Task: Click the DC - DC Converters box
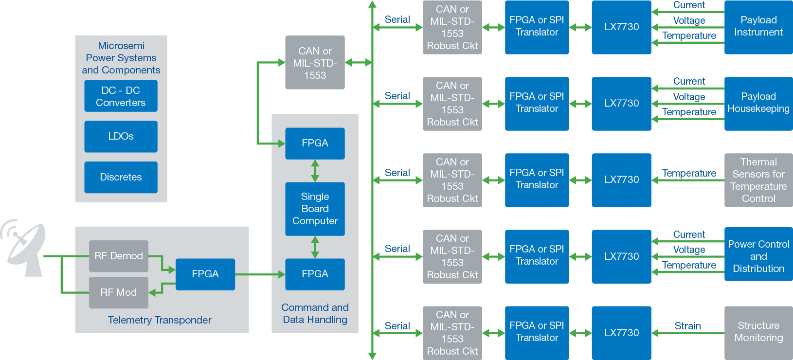point(121,96)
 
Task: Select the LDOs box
point(121,137)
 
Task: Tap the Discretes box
point(121,178)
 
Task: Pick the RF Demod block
point(119,256)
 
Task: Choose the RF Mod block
point(119,292)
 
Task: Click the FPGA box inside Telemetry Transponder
point(205,274)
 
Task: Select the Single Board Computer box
point(315,209)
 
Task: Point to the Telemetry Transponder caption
point(160,320)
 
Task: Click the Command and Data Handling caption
point(315,314)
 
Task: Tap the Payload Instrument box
point(758,27)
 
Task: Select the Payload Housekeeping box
point(758,103)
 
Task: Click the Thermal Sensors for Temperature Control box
point(758,180)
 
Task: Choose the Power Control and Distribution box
point(758,256)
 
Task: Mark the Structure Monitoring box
point(758,332)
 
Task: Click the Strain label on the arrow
point(687,326)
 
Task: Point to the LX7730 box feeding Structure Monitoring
point(621,333)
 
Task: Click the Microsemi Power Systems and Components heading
point(121,58)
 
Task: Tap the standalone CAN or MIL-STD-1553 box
point(315,63)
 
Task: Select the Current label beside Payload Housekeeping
point(689,81)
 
